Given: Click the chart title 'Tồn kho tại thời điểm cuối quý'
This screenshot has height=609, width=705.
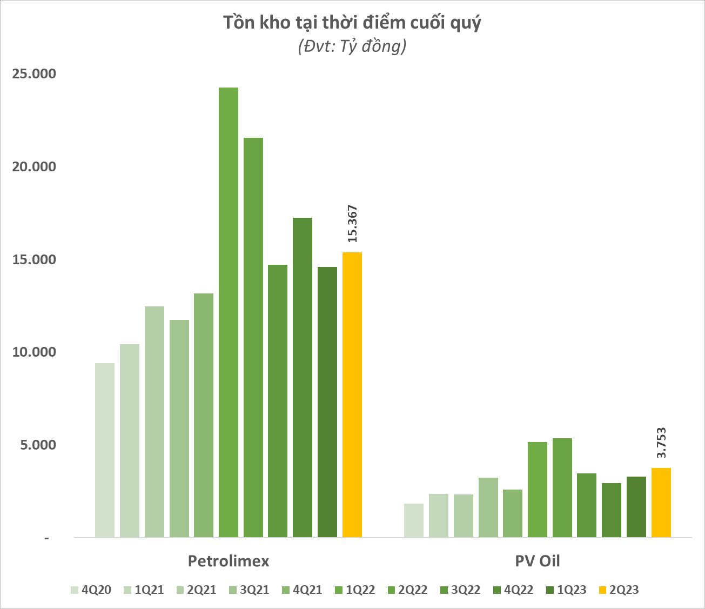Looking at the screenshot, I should (x=352, y=23).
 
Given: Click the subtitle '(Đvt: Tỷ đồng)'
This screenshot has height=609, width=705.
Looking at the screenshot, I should (x=352, y=47).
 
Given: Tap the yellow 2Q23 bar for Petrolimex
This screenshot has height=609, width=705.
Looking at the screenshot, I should (x=352, y=394).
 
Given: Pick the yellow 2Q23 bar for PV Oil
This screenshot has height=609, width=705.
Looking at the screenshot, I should (x=661, y=503).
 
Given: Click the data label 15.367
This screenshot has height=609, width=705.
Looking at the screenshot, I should (x=353, y=223).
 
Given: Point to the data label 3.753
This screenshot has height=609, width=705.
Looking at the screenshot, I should (x=661, y=443).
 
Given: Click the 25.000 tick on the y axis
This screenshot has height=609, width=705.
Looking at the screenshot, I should (x=34, y=74).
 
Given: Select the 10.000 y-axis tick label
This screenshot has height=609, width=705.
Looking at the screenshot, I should (x=34, y=352).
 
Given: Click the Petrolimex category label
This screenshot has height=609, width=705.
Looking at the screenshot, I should (x=229, y=561).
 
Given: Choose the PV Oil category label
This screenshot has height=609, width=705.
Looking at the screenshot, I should (x=537, y=561).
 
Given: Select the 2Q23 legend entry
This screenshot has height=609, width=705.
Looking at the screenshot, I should (x=619, y=590).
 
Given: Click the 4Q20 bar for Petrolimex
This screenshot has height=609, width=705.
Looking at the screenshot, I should (x=105, y=450).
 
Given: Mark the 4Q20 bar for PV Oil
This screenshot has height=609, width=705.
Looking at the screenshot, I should (x=414, y=520).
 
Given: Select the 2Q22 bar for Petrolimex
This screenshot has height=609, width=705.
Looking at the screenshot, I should (x=253, y=338).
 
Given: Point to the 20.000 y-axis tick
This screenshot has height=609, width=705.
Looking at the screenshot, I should (x=34, y=167).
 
